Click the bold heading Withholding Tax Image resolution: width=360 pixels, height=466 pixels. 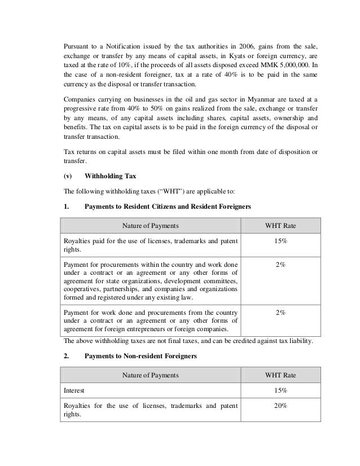(112, 175)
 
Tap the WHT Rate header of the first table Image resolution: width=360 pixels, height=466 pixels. (280, 226)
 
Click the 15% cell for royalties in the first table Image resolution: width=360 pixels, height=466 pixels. (280, 241)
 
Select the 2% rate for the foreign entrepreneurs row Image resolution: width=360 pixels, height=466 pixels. (280, 311)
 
